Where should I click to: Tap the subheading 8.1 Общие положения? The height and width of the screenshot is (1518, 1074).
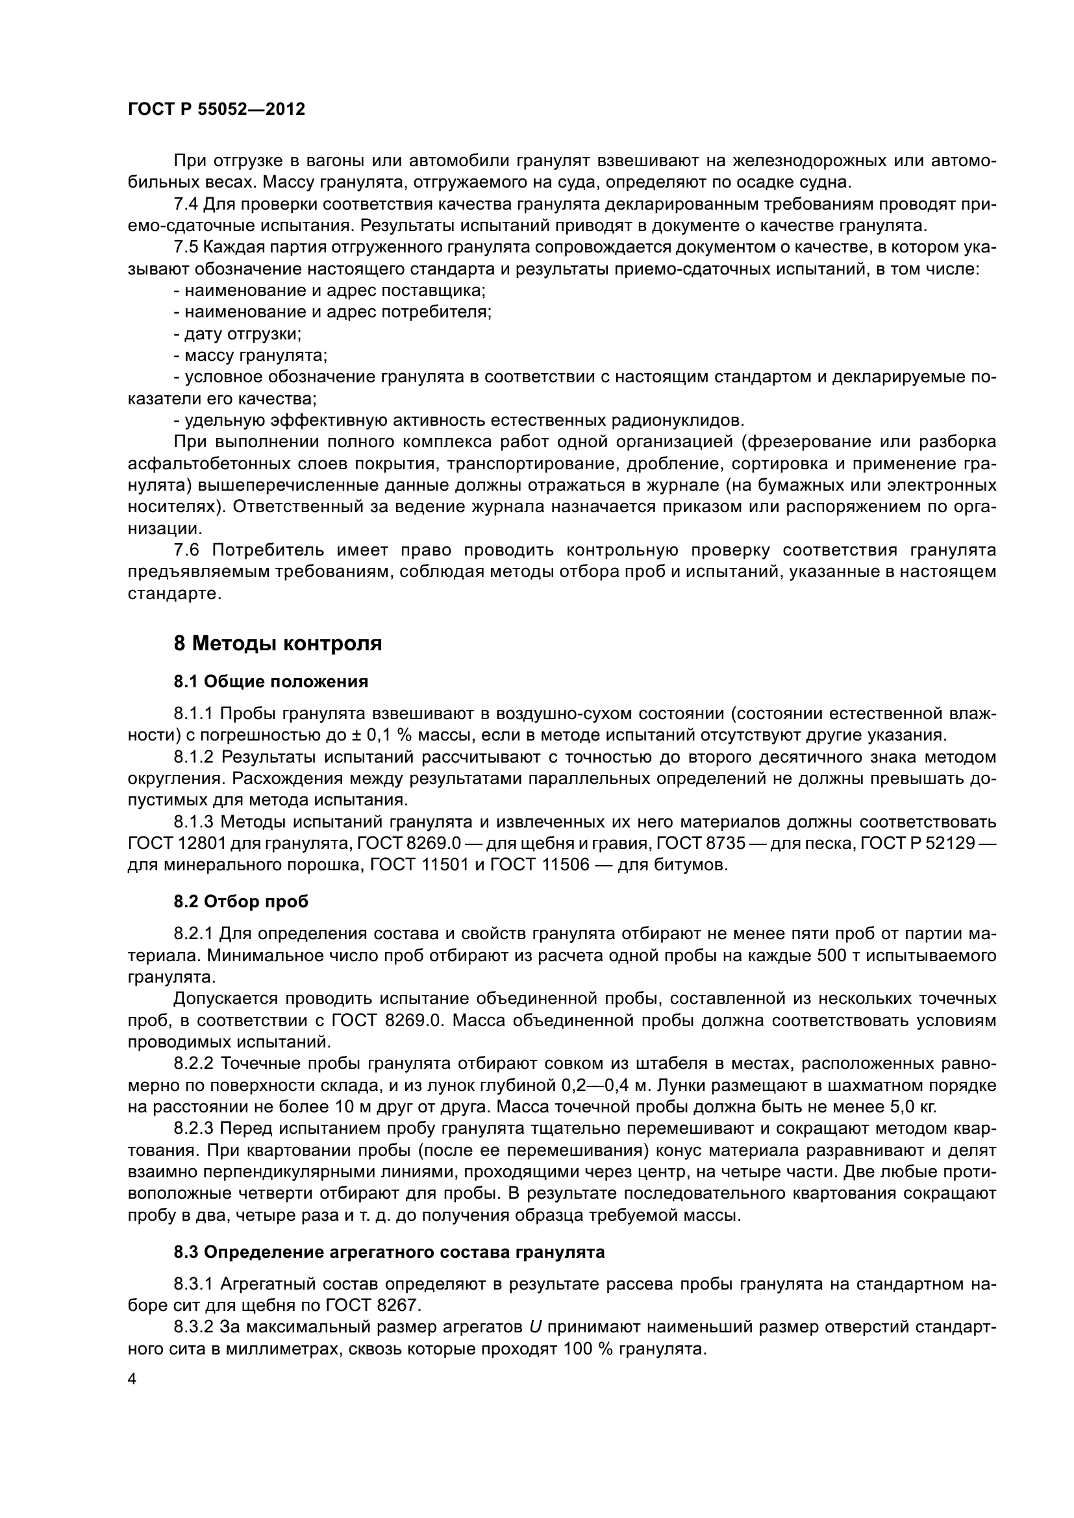pyautogui.click(x=271, y=681)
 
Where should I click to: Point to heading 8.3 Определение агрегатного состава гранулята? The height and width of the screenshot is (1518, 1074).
pyautogui.click(x=389, y=1252)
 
